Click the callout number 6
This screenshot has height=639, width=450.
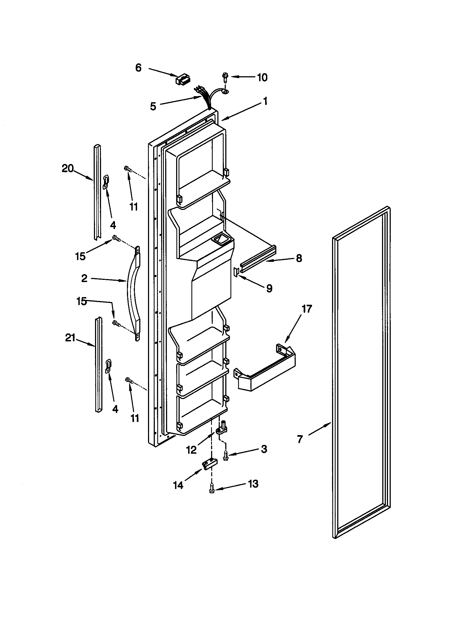tap(138, 68)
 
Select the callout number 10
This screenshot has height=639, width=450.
tap(262, 77)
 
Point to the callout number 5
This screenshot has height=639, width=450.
tap(153, 106)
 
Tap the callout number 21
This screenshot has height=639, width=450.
tap(70, 338)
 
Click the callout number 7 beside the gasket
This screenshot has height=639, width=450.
tap(300, 439)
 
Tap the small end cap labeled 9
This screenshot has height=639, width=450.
tap(236, 271)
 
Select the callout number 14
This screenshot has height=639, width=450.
tap(178, 485)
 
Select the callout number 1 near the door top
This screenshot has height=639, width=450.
tap(265, 101)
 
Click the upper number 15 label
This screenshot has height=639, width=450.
tap(80, 256)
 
